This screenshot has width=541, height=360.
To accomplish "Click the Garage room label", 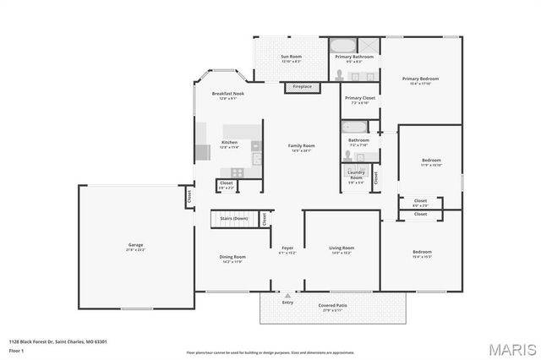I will coord(135,247).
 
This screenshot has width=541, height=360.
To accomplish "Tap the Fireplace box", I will coord(302,86).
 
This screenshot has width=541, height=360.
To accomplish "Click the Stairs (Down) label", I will coord(234,218).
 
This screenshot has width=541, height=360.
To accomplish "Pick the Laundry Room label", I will coord(356,175).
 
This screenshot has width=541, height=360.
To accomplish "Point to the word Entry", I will coord(287,302).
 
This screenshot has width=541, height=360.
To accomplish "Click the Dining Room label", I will coord(232,259).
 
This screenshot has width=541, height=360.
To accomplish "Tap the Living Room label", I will coord(342,249).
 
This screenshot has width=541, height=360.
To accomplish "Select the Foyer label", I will coord(288,249).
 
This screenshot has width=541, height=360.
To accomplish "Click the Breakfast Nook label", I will coord(228,95).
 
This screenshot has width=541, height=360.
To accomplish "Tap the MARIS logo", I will coord(511,347).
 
